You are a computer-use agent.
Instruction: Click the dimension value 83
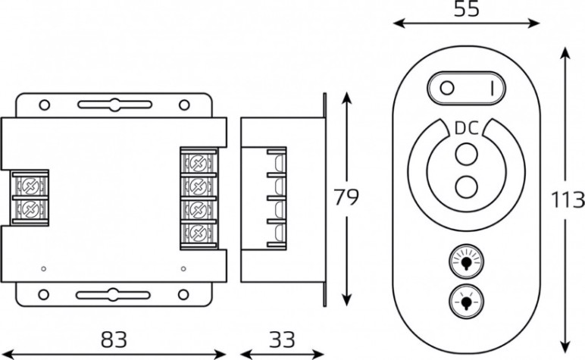tap(114, 340)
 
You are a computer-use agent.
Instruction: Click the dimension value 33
tap(283, 340)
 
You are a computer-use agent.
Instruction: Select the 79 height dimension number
tap(346, 197)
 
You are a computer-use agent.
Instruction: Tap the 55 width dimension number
tap(466, 9)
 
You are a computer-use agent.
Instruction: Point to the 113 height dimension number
tap(568, 200)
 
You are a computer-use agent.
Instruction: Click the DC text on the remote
tap(467, 128)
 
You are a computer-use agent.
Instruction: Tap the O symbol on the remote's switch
tap(447, 89)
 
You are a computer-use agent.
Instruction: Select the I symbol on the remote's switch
tap(492, 89)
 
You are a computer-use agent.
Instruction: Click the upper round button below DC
tap(466, 154)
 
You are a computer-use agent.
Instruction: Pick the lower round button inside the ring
tap(466, 186)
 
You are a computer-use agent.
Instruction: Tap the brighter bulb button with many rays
tap(466, 262)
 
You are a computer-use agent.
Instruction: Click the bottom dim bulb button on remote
tap(466, 301)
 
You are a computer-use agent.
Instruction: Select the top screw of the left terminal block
tap(29, 185)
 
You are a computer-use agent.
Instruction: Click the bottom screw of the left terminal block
tap(29, 209)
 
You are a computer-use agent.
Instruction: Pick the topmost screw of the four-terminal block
tap(198, 163)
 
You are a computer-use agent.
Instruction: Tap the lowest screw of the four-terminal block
tap(198, 233)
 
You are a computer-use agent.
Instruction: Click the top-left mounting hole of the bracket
tap(45, 105)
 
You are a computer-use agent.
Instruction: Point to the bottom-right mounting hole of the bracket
tap(183, 295)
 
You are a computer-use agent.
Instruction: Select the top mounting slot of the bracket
tap(114, 105)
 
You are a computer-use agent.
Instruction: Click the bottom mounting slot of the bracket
tap(113, 295)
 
